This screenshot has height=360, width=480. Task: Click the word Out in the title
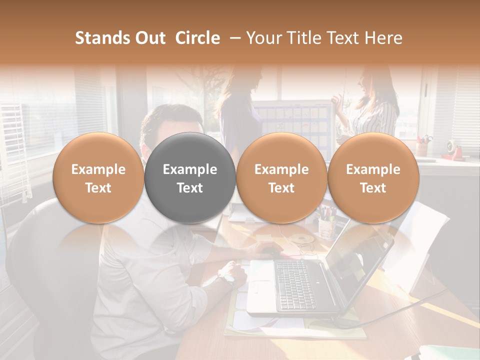point(148,38)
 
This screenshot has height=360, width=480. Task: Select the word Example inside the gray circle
point(190,169)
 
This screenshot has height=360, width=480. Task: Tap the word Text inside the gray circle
point(190,188)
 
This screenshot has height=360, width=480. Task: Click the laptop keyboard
point(295,285)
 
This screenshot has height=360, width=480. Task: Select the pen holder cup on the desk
point(326,227)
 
